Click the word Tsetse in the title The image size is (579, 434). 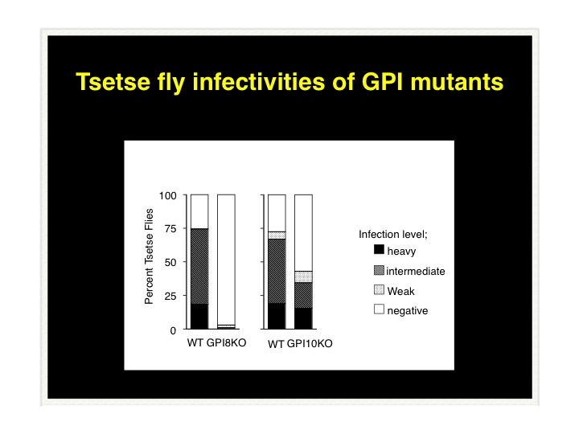[113, 81]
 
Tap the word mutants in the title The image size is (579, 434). [457, 81]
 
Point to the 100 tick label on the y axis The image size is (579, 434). [167, 195]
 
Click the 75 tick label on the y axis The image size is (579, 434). [170, 229]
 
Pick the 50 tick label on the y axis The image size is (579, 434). [170, 262]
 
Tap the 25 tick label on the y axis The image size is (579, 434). [170, 296]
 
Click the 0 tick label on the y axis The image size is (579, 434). [173, 330]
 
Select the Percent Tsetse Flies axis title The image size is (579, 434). [149, 256]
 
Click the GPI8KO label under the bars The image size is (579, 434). [226, 343]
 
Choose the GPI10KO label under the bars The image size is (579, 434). [310, 344]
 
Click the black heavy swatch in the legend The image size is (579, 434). [379, 249]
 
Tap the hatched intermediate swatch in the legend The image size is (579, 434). [379, 270]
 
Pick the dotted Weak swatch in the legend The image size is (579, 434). [379, 289]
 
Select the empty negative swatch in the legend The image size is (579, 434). [379, 309]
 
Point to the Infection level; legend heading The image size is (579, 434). [393, 235]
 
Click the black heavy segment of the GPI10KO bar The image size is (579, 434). [303, 318]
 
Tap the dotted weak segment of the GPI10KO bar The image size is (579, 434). [303, 276]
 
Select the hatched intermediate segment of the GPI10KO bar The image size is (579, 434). [303, 295]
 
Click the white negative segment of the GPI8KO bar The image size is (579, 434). [226, 260]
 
